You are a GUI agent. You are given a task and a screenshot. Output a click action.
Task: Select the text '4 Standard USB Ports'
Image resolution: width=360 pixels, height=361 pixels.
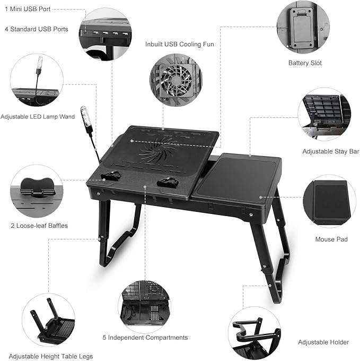pos(37,29)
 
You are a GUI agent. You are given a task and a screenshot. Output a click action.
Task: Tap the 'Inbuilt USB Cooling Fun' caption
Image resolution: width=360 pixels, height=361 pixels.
pos(180,45)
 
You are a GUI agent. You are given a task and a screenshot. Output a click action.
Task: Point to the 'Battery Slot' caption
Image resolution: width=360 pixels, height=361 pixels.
pos(305,63)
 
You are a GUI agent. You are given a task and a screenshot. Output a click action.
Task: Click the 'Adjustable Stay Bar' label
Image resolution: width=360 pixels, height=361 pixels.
pos(327,151)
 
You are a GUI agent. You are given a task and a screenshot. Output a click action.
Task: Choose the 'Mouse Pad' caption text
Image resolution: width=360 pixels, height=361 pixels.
pos(331,239)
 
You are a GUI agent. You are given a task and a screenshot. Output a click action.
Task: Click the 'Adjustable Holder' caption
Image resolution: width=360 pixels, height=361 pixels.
pos(323,342)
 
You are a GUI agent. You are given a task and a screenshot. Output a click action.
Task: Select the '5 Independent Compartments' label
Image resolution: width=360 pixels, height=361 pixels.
pos(145,338)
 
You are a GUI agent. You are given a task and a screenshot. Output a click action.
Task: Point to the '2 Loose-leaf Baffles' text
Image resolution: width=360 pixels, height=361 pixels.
pos(39,226)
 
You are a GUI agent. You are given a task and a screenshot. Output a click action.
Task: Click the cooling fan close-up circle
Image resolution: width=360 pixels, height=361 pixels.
pos(175,82)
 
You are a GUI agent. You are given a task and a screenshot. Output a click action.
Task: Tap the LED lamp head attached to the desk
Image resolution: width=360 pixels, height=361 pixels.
pos(85,116)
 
